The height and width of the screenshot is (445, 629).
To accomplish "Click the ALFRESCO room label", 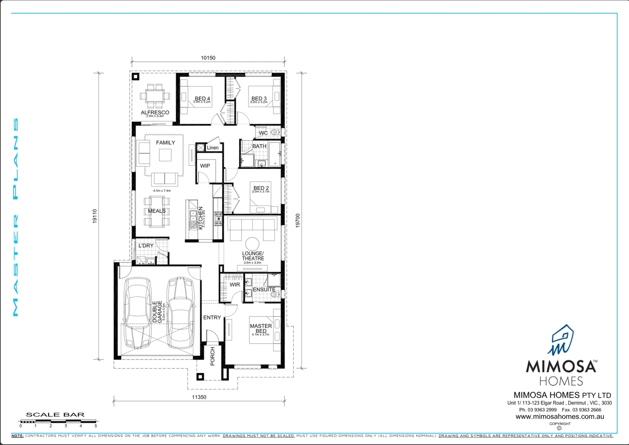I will coord(155,112).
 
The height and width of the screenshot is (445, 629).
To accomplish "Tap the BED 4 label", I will coord(202,98).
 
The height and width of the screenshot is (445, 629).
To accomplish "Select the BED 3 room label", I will coord(259,98).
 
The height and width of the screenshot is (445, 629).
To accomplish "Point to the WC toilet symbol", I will coord(274,133).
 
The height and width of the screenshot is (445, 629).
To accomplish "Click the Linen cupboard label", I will coord(213,148).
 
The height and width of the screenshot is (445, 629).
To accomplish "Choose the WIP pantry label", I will coord(205,166).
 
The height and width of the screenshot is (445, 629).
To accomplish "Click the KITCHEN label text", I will coord(201,218).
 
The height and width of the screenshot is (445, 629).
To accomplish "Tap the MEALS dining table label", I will coord(157,211).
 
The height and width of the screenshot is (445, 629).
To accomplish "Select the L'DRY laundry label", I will coord(146,246).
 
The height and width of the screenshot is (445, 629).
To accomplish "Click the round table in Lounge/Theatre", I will coord(252,243).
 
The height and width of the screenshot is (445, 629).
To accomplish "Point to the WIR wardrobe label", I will coord(234,285).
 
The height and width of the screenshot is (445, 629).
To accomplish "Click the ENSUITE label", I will coord(264,290).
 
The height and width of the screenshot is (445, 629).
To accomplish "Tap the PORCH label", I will coord(213,356).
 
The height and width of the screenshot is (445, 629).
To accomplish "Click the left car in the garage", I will coord(137,313).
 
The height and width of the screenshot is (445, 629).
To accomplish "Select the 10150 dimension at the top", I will coord(208,58).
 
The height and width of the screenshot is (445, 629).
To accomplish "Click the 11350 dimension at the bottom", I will coord(199,397).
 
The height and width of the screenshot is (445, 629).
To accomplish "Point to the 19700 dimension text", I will coord(298,220).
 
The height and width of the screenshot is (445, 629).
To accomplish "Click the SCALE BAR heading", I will coord(55,415).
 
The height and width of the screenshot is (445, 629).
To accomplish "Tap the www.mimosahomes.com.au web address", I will coord(560,417).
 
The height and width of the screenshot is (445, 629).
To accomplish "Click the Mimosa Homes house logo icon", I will coord(561,340).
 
